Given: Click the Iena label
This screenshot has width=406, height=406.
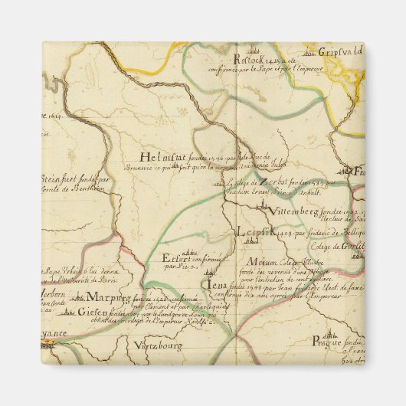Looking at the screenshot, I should (218, 285).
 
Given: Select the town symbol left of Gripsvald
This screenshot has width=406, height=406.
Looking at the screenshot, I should (310, 53).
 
